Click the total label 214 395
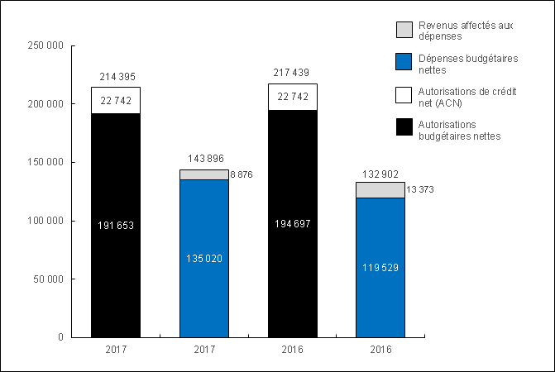pos(115,77)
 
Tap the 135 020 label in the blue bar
pos(203,258)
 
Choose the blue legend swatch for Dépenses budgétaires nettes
pos(404,63)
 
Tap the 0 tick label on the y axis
pos(61,337)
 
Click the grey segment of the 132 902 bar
pos(380,190)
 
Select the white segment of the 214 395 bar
pos(115,100)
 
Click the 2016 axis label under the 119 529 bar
pos(380,351)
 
